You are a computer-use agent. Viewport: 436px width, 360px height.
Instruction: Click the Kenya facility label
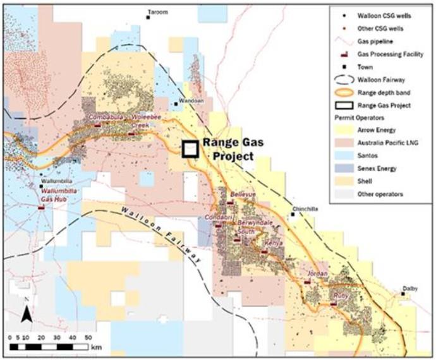(x=273, y=243)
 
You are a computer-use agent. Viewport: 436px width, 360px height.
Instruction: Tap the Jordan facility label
(x=315, y=273)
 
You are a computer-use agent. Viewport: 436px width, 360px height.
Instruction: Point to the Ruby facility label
(x=342, y=295)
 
